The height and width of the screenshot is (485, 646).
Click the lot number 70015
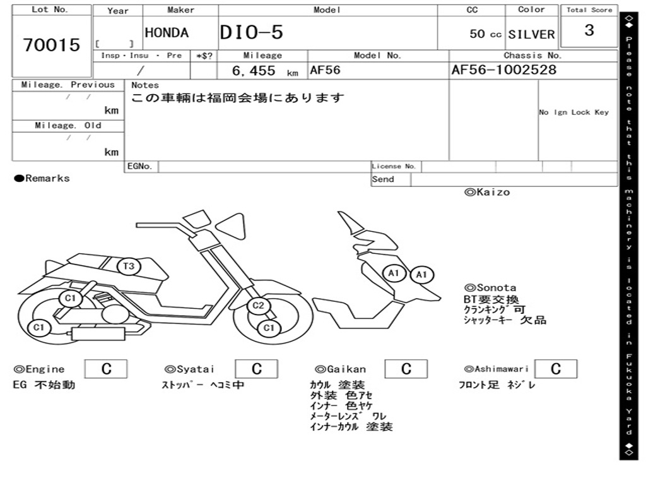pos(52,45)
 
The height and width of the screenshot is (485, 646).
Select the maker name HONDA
pos(167,33)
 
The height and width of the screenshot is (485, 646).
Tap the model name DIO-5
pos(252,33)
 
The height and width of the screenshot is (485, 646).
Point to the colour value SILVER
pos(531,34)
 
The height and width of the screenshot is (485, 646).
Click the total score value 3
pos(589,30)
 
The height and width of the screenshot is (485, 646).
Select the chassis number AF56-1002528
pos(504,70)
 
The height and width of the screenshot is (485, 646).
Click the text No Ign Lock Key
pos(573,112)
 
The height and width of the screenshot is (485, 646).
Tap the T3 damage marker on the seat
pos(129,266)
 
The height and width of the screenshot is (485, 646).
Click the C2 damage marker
pos(258,306)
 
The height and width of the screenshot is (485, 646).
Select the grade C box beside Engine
pos(106,369)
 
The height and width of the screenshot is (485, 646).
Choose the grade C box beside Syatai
pos(257,369)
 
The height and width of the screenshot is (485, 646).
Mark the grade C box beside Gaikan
pos(406,369)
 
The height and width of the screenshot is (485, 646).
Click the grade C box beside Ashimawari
pos(555,369)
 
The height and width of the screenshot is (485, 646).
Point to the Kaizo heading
pos(487,192)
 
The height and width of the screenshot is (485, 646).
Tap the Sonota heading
pos(490,288)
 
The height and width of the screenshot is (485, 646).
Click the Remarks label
pos(42,179)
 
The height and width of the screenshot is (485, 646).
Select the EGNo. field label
pos(140,167)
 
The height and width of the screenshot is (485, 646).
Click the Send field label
pos(383,179)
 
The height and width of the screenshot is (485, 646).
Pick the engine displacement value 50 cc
pos(486,34)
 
